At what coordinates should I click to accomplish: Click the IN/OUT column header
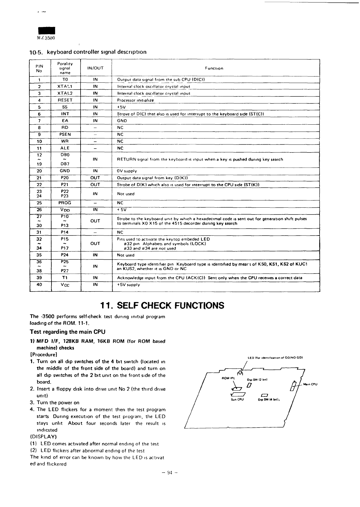95,68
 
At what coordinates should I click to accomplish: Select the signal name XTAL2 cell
65,93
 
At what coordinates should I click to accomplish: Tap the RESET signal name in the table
65,100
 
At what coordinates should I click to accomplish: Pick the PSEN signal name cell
65,134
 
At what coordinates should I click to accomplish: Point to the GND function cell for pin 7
122,121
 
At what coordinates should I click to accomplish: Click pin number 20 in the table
39,171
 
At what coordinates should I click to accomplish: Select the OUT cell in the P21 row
95,185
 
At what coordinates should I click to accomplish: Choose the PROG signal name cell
65,203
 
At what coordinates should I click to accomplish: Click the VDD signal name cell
65,210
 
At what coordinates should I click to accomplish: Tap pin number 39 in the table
39,277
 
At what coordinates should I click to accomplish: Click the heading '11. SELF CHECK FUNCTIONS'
162,305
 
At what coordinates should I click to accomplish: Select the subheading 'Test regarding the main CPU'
67,332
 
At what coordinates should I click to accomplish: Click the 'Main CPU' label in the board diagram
310,384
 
